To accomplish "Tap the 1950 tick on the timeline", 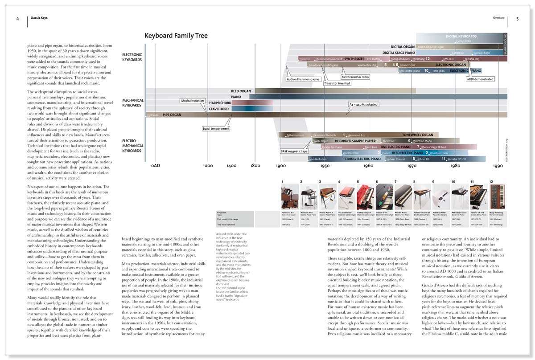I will point(325,166).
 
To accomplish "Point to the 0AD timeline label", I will point(155,166).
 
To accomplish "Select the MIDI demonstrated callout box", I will point(481,79).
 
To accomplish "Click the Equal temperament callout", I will point(212,129).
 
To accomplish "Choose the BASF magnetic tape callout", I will point(294,151).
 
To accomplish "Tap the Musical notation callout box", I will point(193,101).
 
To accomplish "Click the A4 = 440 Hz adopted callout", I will point(363,104).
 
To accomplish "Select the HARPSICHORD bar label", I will point(220,103).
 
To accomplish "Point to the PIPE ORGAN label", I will point(171,115).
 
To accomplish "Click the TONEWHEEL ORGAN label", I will point(418,135).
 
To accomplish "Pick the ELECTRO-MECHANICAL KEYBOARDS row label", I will point(132,146).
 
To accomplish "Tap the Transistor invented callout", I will point(337,83).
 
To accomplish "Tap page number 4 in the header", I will point(17,19).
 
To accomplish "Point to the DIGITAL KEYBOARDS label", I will point(461,36).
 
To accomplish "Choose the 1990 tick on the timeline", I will point(498,166).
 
